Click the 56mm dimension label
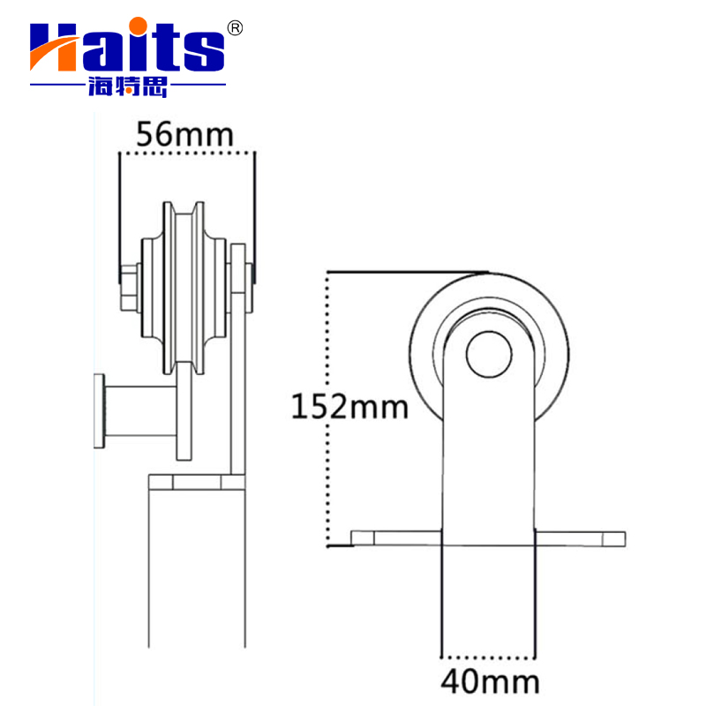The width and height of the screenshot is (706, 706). [x=185, y=135]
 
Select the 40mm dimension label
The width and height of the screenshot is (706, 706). [x=490, y=682]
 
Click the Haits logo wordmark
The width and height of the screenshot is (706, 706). [x=128, y=49]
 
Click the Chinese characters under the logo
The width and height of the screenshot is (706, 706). [x=128, y=86]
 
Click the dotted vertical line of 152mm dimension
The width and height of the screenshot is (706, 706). [x=328, y=406]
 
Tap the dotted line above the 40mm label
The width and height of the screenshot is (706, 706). [x=488, y=657]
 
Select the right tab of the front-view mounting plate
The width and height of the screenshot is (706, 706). [x=581, y=538]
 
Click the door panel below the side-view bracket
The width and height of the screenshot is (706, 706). [x=194, y=574]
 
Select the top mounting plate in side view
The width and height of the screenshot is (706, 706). [x=196, y=483]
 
